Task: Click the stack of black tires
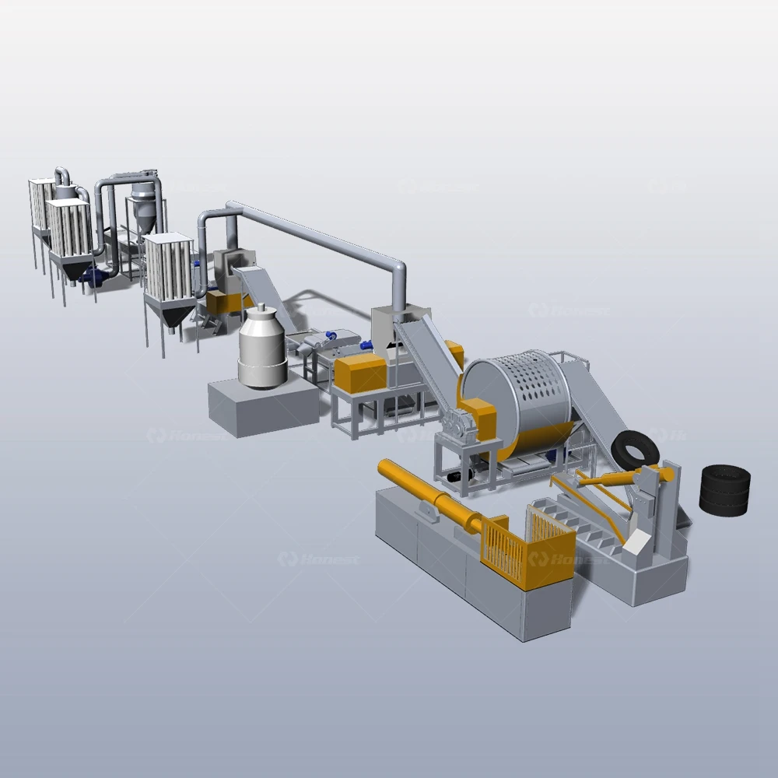click(x=724, y=490)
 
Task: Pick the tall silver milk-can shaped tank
click(x=262, y=347)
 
